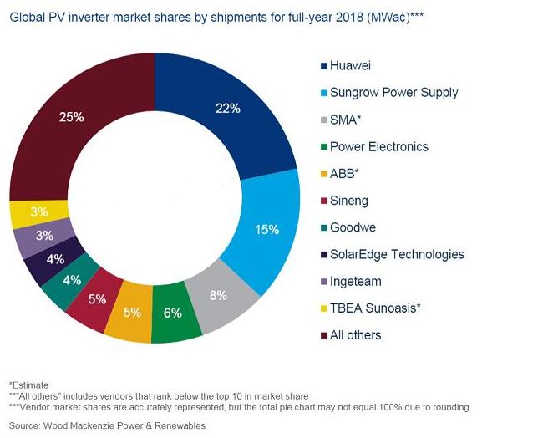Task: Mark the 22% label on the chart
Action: [x=227, y=108]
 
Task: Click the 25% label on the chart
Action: [x=73, y=117]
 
